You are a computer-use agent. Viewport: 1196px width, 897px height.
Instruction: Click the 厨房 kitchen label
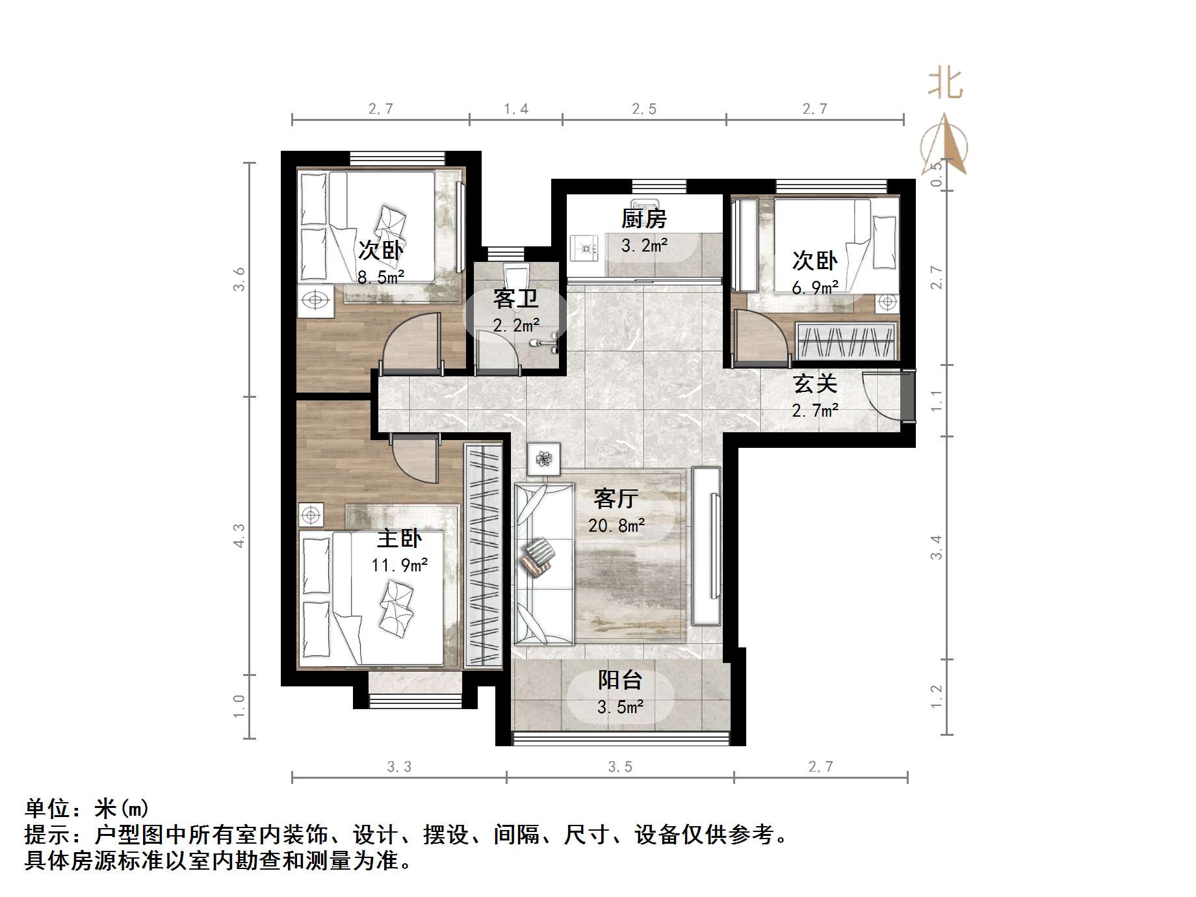point(643,219)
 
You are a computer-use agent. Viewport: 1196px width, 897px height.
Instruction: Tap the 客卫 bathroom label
point(515,299)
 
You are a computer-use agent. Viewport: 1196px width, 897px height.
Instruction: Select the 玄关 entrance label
point(814,383)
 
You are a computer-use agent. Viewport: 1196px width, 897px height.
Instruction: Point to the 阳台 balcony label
point(620,681)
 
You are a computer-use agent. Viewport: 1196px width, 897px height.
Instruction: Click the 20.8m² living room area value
point(616,525)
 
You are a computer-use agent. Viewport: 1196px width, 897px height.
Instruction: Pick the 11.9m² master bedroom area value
point(399,565)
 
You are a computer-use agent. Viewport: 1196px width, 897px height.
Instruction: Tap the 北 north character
point(944,84)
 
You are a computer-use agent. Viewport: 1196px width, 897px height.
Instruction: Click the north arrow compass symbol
point(944,146)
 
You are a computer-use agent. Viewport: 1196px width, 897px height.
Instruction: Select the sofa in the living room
point(543,562)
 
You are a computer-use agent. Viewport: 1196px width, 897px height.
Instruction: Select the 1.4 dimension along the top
point(516,109)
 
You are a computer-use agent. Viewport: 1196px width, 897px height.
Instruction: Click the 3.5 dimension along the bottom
point(619,767)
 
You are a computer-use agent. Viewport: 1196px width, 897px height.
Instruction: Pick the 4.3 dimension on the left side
point(239,536)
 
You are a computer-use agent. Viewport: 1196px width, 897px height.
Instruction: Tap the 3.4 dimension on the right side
point(936,547)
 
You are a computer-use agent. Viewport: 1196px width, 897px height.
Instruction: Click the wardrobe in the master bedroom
point(484,556)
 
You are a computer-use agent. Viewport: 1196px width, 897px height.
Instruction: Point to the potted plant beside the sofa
point(543,460)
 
